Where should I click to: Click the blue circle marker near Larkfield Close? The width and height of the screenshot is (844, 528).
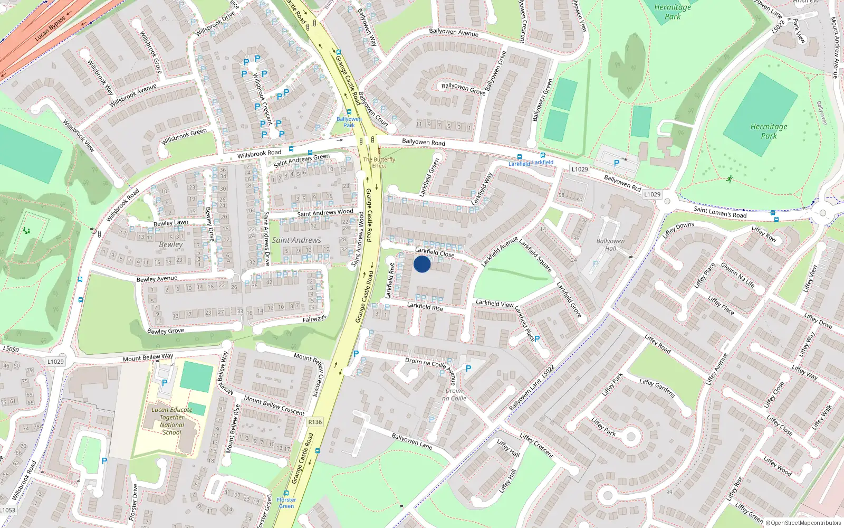[x=422, y=264]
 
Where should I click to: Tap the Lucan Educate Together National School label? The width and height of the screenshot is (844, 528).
[x=172, y=421]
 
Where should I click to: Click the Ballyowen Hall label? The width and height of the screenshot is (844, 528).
[x=610, y=244]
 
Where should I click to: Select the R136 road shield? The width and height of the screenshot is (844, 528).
[x=315, y=422]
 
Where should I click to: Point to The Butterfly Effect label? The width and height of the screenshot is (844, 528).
[x=379, y=162]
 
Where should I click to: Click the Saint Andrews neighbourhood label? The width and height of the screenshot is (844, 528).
[x=296, y=240]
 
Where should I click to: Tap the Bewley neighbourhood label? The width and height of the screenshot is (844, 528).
[x=171, y=244]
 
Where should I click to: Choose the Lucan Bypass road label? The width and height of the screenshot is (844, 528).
[x=50, y=29]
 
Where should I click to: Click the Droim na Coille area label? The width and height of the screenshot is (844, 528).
[x=454, y=394]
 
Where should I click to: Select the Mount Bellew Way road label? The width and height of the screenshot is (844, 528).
[x=148, y=357]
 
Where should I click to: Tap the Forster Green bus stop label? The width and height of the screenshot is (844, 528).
[x=286, y=503]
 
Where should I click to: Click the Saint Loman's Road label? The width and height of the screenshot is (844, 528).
[x=720, y=212]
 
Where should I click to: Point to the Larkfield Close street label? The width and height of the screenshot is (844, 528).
[x=435, y=252]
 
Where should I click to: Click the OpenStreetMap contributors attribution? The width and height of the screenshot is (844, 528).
[x=803, y=523]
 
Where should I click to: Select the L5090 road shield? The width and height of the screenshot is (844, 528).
[x=11, y=349]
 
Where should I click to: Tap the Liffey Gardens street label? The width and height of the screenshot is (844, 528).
[x=657, y=388]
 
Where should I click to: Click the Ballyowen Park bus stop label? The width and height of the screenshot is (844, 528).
[x=349, y=122]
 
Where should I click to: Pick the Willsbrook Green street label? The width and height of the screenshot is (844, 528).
[x=184, y=136]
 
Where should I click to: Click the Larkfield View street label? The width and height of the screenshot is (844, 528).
[x=494, y=303]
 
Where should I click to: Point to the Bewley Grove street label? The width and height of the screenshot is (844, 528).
[x=166, y=331]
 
